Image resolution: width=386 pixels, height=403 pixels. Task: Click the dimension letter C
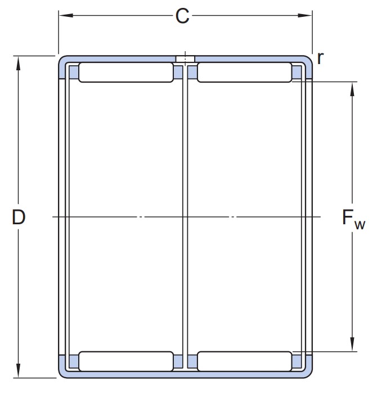point(182,16)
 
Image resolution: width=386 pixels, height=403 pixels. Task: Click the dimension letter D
point(19,217)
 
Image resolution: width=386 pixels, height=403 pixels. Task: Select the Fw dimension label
point(353,219)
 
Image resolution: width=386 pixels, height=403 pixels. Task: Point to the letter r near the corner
point(320,58)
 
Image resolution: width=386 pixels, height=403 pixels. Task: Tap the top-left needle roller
point(126,73)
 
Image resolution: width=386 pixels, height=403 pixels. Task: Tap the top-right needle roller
point(244,73)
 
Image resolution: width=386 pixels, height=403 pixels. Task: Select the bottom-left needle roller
point(126,361)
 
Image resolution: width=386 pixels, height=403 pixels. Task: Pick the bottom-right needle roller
point(244,361)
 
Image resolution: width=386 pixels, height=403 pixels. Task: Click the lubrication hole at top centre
point(185,59)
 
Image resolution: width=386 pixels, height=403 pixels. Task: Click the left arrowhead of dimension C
point(66,15)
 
